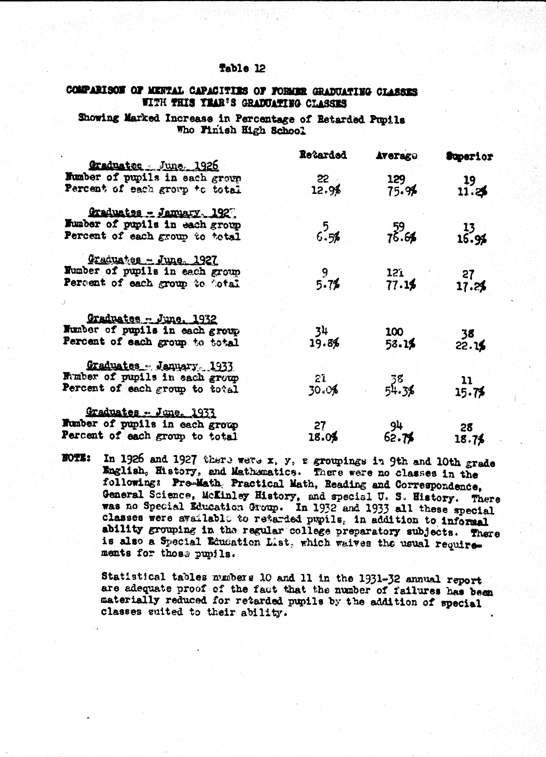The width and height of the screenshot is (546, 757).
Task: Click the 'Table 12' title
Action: coord(242,68)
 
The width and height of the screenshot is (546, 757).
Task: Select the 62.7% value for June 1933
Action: coord(399,437)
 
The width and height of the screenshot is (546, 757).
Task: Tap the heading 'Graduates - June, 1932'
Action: coord(152,319)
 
